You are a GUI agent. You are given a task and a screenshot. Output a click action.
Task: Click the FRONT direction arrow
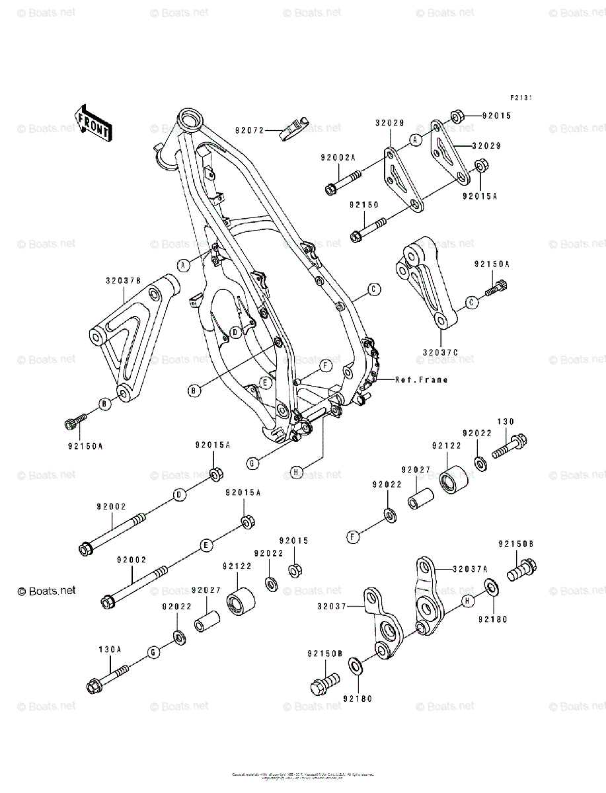click(x=93, y=123)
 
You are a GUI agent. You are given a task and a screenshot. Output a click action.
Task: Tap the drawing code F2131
click(x=520, y=98)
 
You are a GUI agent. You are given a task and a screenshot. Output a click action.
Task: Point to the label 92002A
click(x=338, y=157)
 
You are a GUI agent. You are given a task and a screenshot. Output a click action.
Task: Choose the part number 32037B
click(x=123, y=280)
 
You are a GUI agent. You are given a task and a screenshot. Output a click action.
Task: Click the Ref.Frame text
click(x=422, y=380)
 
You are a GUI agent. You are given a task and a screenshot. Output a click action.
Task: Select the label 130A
click(x=110, y=650)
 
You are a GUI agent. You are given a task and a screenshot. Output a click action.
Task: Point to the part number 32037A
click(x=471, y=568)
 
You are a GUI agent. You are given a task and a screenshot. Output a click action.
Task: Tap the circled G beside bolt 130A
click(x=153, y=653)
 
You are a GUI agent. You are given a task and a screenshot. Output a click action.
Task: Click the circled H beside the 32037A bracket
click(x=467, y=601)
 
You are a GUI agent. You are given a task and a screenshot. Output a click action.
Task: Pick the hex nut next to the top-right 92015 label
click(x=457, y=117)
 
